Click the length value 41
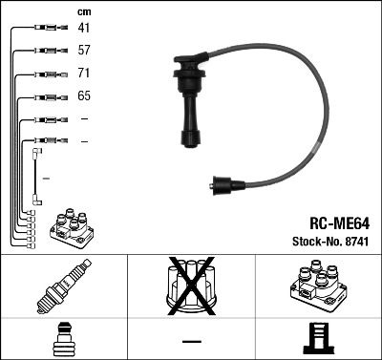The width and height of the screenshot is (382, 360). pyautogui.click(x=84, y=29)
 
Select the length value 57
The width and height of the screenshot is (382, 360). pyautogui.click(x=84, y=52)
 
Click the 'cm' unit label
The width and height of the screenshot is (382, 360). pyautogui.click(x=83, y=11)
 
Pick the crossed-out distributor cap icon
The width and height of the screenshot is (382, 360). pyautogui.click(x=191, y=289)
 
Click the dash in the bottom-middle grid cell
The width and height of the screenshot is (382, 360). pyautogui.click(x=191, y=340)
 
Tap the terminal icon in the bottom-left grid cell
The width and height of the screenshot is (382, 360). pyautogui.click(x=63, y=340)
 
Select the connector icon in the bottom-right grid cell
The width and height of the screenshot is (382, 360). pyautogui.click(x=318, y=340)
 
